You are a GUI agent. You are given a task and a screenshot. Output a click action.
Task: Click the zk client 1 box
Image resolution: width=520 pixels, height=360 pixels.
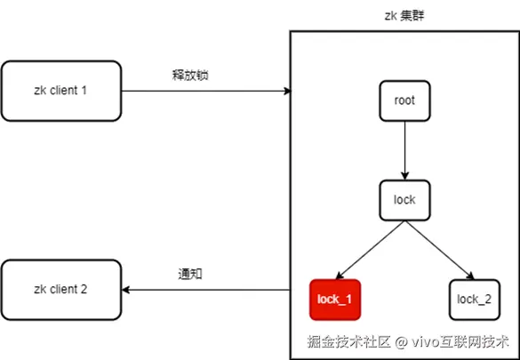click(x=60, y=91)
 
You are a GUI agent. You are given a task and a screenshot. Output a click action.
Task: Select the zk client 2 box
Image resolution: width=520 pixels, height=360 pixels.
click(x=60, y=290)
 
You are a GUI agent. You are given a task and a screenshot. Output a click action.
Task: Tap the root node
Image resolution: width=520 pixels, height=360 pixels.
click(x=404, y=100)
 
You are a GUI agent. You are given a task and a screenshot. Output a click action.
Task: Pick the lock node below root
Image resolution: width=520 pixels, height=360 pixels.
click(x=404, y=200)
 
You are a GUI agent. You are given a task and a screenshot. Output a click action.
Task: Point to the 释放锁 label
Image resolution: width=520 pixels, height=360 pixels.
click(x=189, y=75)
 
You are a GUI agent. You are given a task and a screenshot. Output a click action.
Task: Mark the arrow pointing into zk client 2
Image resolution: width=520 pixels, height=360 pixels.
click(x=204, y=290)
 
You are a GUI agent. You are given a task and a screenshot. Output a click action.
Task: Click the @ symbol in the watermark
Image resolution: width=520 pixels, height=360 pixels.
click(x=402, y=341)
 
